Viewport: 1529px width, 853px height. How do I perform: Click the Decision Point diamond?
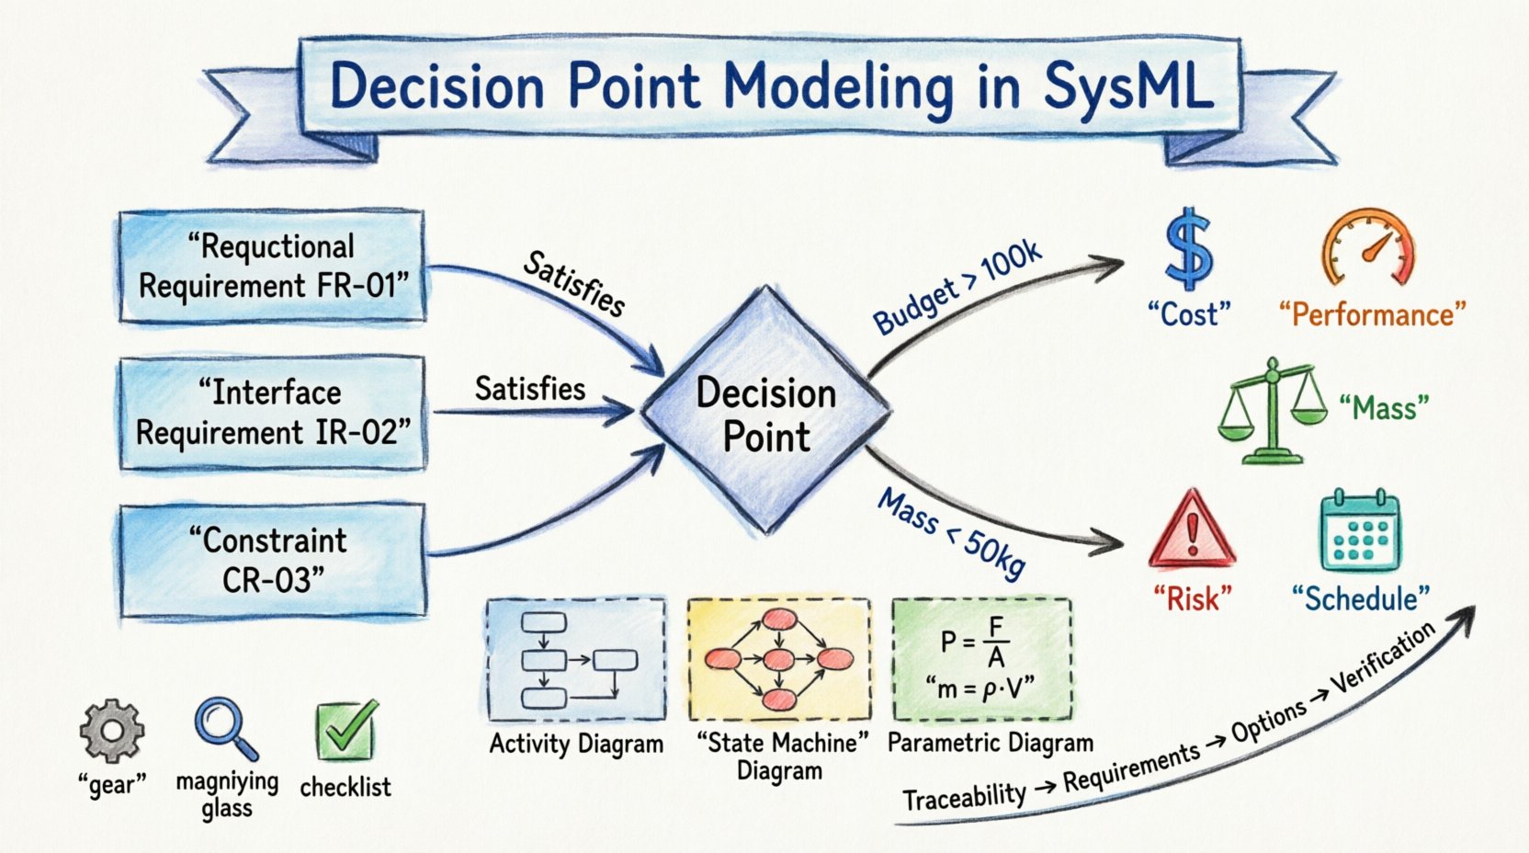point(765,411)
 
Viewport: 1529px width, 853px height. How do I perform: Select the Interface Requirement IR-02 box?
point(272,414)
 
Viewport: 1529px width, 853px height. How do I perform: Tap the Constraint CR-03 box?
point(272,559)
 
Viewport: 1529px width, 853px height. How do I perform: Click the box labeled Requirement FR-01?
point(272,266)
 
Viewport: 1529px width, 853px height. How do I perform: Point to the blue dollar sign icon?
point(1188,250)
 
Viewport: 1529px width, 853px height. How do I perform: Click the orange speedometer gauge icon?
point(1368,248)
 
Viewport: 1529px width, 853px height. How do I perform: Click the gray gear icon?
point(111,731)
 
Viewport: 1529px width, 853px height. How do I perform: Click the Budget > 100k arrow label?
point(957,287)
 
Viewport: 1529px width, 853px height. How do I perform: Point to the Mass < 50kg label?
point(952,533)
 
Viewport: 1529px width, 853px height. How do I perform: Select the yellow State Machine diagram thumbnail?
point(778,659)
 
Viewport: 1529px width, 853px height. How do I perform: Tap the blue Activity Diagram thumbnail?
point(576,659)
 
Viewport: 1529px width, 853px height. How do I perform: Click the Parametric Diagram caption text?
point(990,743)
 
